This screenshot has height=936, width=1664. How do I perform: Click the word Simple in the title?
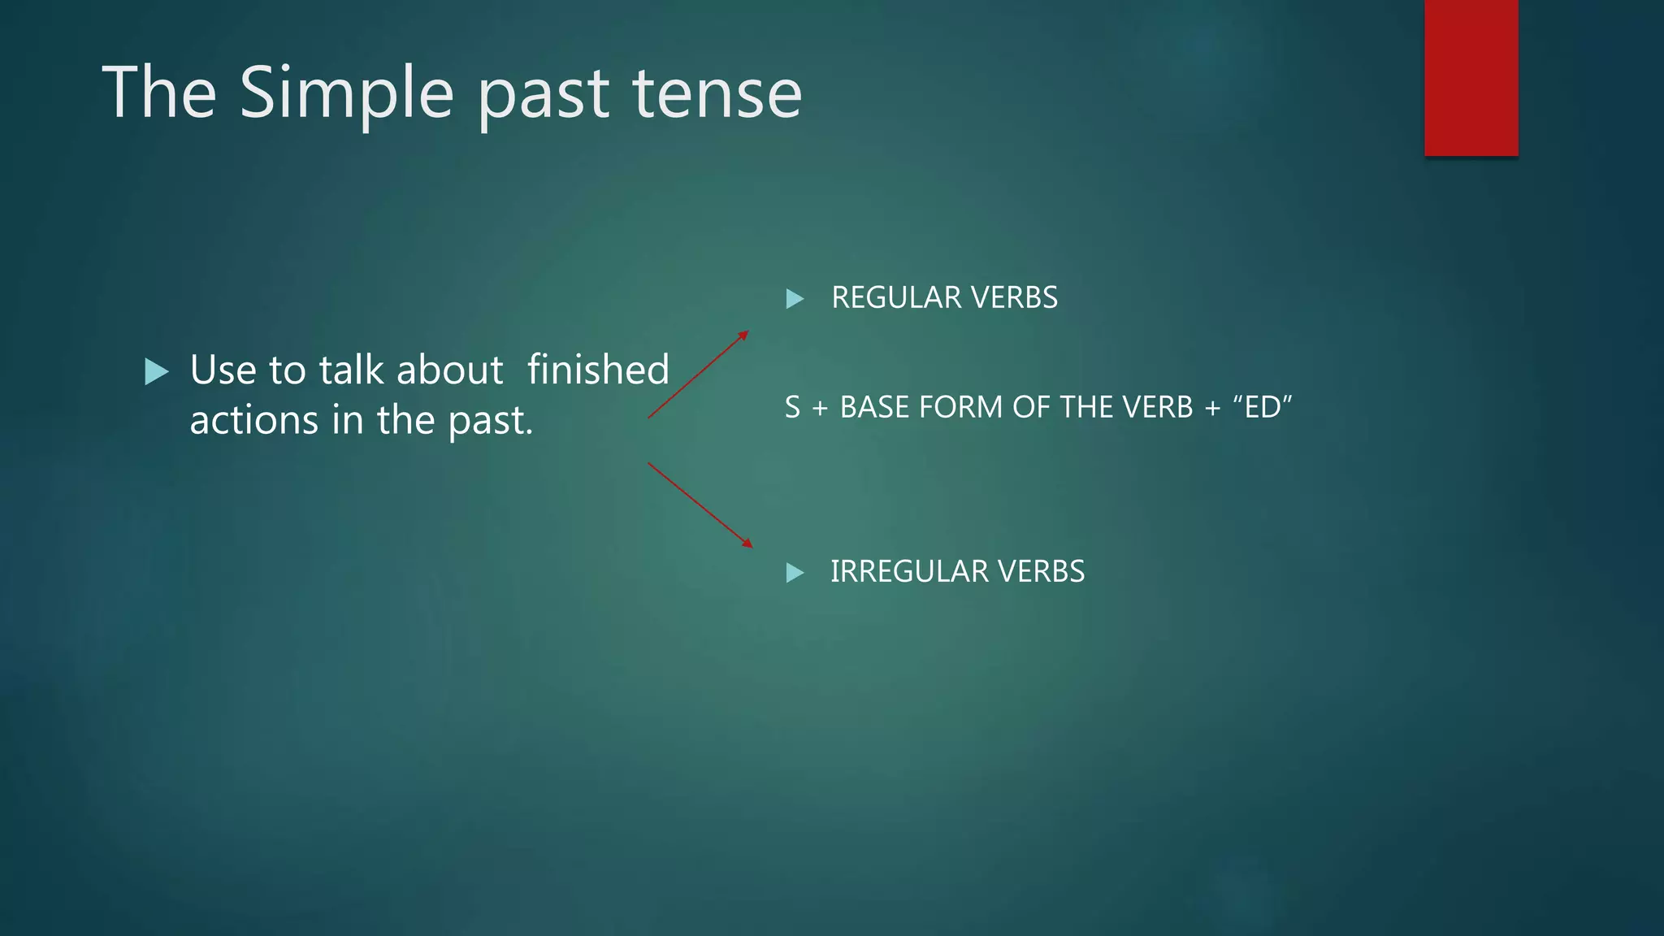(346, 93)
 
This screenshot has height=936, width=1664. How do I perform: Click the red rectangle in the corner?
(1471, 77)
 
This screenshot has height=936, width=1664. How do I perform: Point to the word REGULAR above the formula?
(896, 298)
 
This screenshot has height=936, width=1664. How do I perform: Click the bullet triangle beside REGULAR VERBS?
(795, 299)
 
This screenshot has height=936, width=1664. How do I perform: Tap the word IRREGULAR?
(908, 572)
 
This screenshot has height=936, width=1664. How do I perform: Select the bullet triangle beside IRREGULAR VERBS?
(795, 573)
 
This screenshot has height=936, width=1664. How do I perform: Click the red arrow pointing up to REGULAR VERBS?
(699, 375)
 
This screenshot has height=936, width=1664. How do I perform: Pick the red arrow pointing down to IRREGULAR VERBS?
(700, 505)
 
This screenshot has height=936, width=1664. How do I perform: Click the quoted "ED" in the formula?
(1262, 407)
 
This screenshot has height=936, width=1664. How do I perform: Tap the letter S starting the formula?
(792, 407)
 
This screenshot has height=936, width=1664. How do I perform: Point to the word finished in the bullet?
(598, 370)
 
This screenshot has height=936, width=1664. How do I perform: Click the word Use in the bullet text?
(223, 370)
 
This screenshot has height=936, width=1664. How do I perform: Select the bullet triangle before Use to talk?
(156, 372)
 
